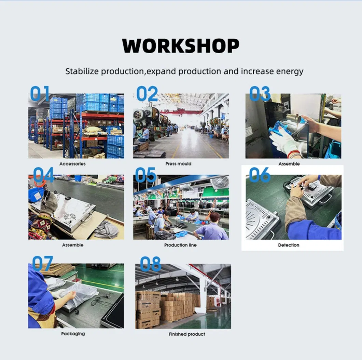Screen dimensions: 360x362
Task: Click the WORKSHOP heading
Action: (181, 46)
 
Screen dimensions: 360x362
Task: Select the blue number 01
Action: (40, 93)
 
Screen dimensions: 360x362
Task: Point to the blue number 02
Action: (147, 94)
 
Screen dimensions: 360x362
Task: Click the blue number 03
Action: (260, 94)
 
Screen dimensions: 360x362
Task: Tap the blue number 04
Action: (43, 175)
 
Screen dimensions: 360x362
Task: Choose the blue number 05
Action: (145, 175)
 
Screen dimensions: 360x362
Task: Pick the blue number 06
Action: (260, 175)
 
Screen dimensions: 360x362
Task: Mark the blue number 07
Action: (43, 264)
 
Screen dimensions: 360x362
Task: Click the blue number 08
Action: (150, 264)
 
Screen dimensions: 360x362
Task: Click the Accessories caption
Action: (72, 164)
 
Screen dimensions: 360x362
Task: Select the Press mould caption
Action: (178, 164)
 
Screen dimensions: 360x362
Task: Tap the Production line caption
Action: (180, 245)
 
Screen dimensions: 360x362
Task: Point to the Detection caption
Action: (289, 245)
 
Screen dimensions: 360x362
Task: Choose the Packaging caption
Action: (73, 334)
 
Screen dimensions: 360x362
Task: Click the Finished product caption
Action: (187, 334)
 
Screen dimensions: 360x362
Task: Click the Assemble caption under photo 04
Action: (72, 245)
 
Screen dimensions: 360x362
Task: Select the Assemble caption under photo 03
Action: (289, 164)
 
